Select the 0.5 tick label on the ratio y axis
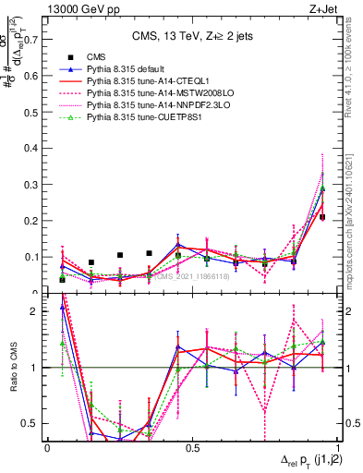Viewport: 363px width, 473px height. (x=30, y=423)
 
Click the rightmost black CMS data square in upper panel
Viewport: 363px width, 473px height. (x=322, y=217)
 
